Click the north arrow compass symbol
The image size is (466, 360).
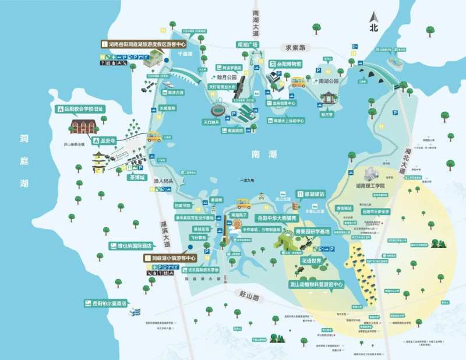[x=373, y=22]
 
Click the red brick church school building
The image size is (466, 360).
[x=83, y=126]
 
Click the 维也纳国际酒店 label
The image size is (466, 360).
[x=127, y=246]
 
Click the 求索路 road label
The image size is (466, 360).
[x=295, y=47]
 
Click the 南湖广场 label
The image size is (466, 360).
[x=247, y=44]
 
